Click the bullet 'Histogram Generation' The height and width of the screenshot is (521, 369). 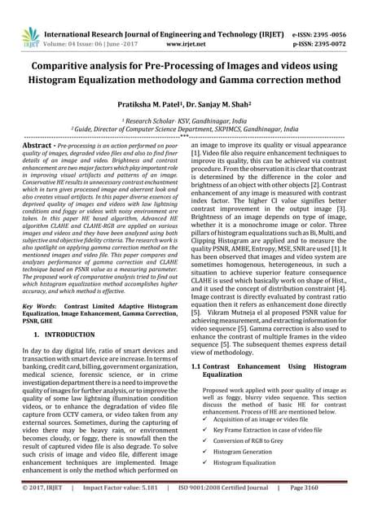[248, 451]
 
